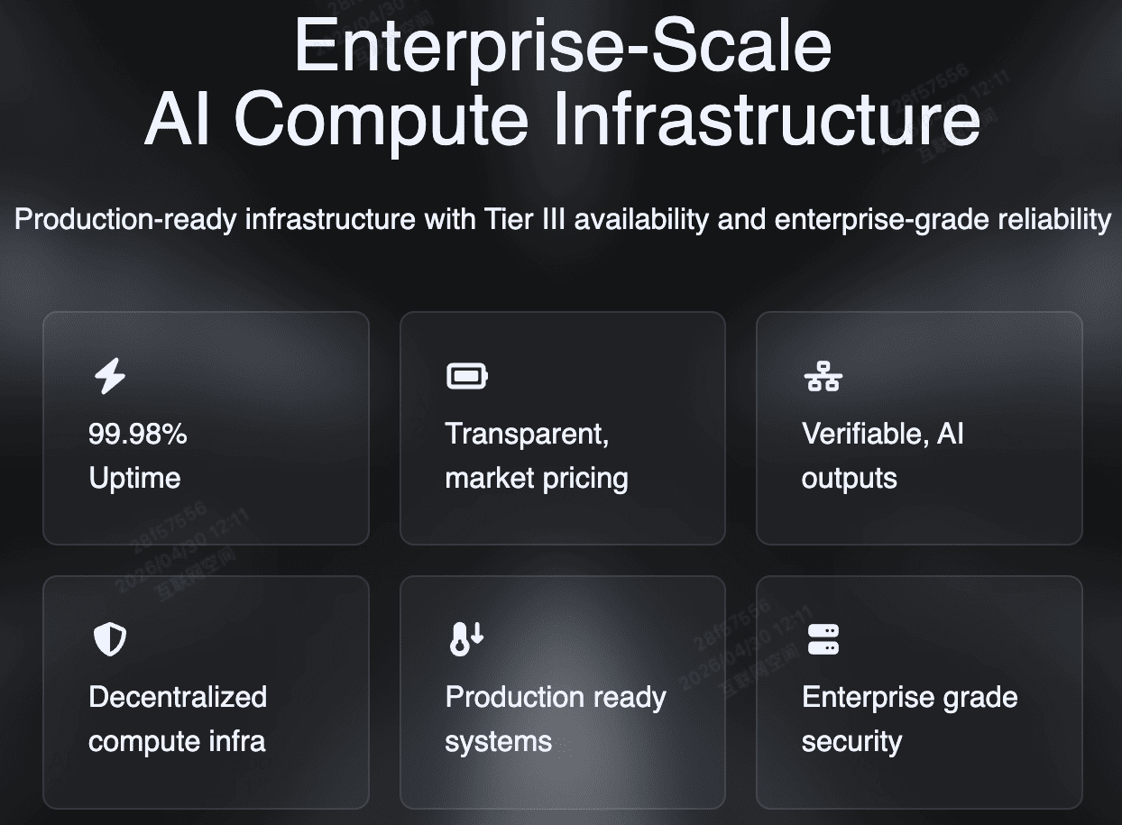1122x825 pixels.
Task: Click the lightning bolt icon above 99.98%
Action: [x=110, y=376]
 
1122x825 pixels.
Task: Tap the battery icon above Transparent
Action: [x=467, y=376]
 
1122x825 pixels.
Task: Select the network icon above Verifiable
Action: [x=822, y=376]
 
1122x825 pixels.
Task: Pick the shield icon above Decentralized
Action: [x=110, y=639]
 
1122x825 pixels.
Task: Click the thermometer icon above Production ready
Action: [x=466, y=638]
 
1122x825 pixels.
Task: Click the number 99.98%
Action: [x=138, y=434]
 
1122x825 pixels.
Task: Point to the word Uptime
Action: [x=134, y=478]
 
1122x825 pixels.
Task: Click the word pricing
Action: [x=584, y=479]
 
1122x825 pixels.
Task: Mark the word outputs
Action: [x=849, y=478]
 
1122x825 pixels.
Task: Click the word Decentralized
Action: [x=178, y=697]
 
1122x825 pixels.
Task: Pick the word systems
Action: [x=498, y=742]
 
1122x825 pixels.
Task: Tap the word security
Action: [x=851, y=742]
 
